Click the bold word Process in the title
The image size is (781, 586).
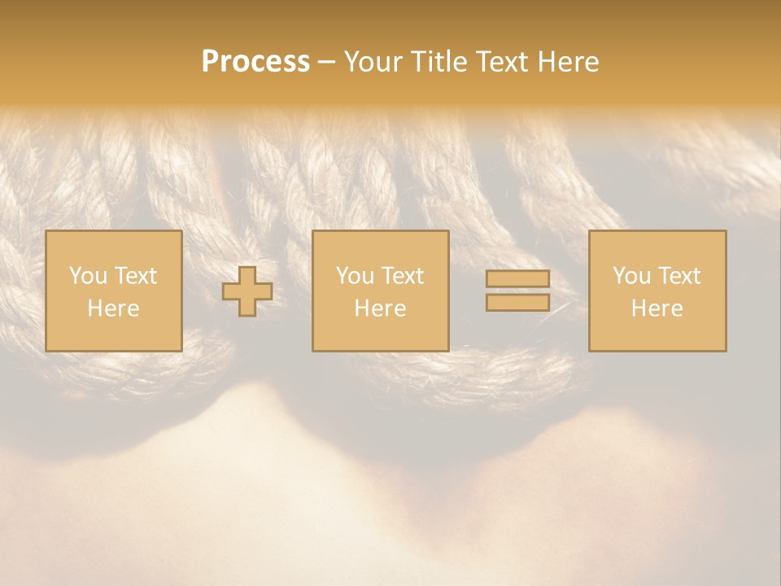coord(255,62)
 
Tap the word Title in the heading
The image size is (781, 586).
coord(440,62)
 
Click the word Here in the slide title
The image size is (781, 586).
coord(570,62)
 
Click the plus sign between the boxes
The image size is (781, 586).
coord(247,291)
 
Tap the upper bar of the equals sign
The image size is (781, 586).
coord(517,279)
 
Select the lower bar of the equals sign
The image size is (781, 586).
coord(517,303)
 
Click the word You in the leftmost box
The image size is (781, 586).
coord(88,276)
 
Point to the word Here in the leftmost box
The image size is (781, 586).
coord(113,308)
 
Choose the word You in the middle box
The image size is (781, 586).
coord(355,276)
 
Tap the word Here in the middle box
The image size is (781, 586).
coord(380,308)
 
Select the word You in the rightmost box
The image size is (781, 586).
coord(631,276)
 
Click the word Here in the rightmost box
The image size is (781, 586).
coord(657,308)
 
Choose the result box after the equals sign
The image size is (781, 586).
coord(657,334)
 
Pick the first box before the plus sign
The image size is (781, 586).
coord(114,334)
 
